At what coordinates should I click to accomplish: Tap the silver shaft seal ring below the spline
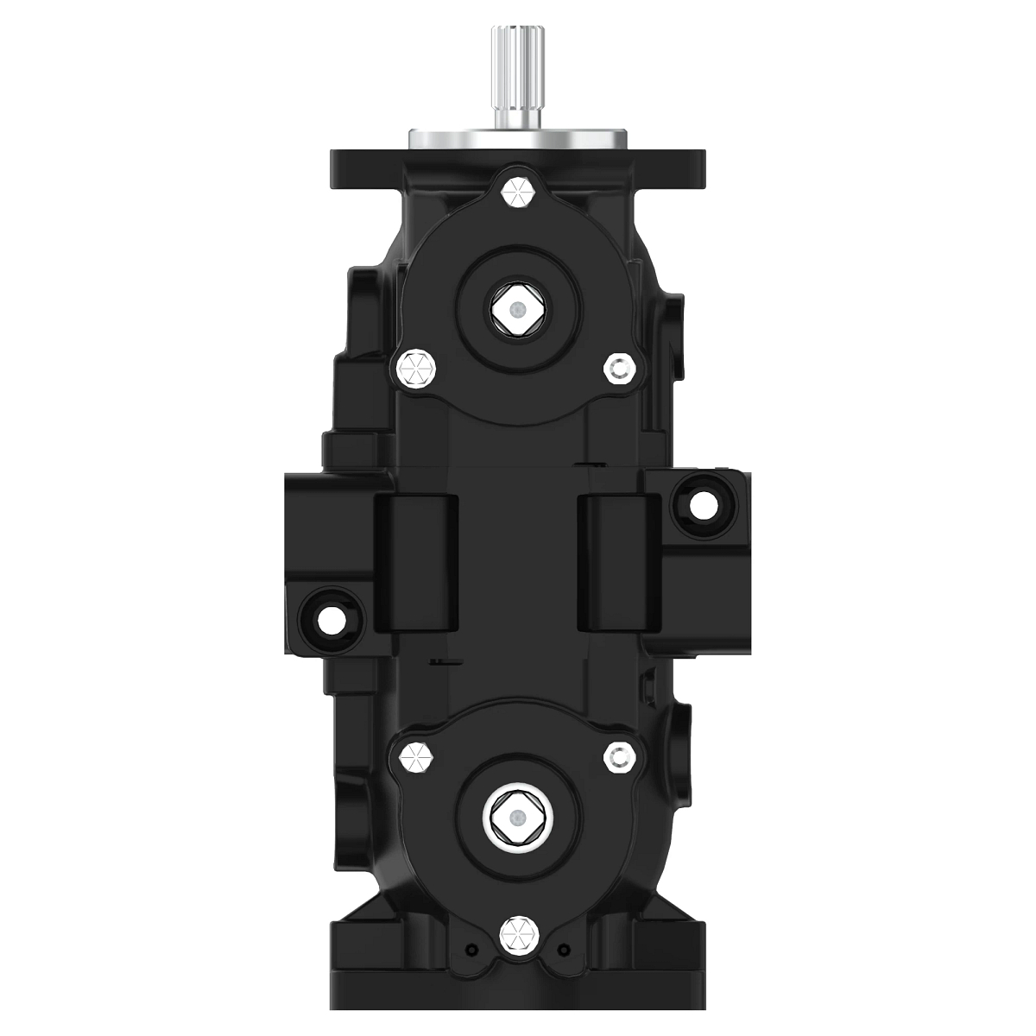tap(516, 138)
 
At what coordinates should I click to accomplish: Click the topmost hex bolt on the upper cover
tap(518, 193)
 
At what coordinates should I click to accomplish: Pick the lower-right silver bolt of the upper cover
tap(620, 369)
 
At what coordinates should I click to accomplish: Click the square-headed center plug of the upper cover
tap(515, 309)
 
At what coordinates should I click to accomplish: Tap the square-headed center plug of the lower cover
tap(515, 817)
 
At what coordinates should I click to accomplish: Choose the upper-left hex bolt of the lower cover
tap(414, 758)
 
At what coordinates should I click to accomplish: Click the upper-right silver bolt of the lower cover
tap(620, 757)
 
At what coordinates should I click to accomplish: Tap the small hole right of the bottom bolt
tap(565, 949)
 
